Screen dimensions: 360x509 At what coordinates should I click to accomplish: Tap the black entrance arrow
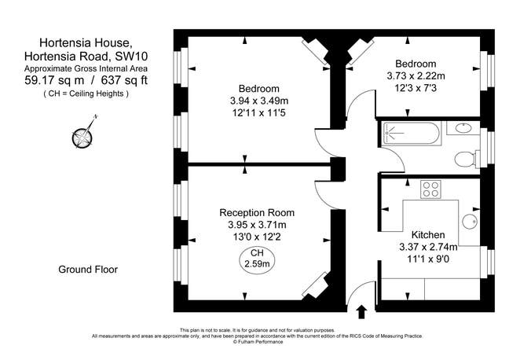[x=362, y=312]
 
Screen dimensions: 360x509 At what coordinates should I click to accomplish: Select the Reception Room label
[x=257, y=212]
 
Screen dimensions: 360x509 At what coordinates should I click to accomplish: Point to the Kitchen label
[x=428, y=235]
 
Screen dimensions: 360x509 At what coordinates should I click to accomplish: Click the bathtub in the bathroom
[x=409, y=134]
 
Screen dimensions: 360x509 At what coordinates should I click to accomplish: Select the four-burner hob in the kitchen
[x=430, y=189]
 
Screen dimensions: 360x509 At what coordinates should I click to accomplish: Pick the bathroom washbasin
[x=461, y=129]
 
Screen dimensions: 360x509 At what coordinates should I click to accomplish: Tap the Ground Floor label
[x=88, y=270]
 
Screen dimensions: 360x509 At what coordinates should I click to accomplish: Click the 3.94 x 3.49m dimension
[x=259, y=101]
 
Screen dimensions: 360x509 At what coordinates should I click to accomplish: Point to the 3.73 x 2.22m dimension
[x=416, y=76]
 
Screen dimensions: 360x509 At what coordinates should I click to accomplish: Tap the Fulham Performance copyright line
[x=257, y=342]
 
